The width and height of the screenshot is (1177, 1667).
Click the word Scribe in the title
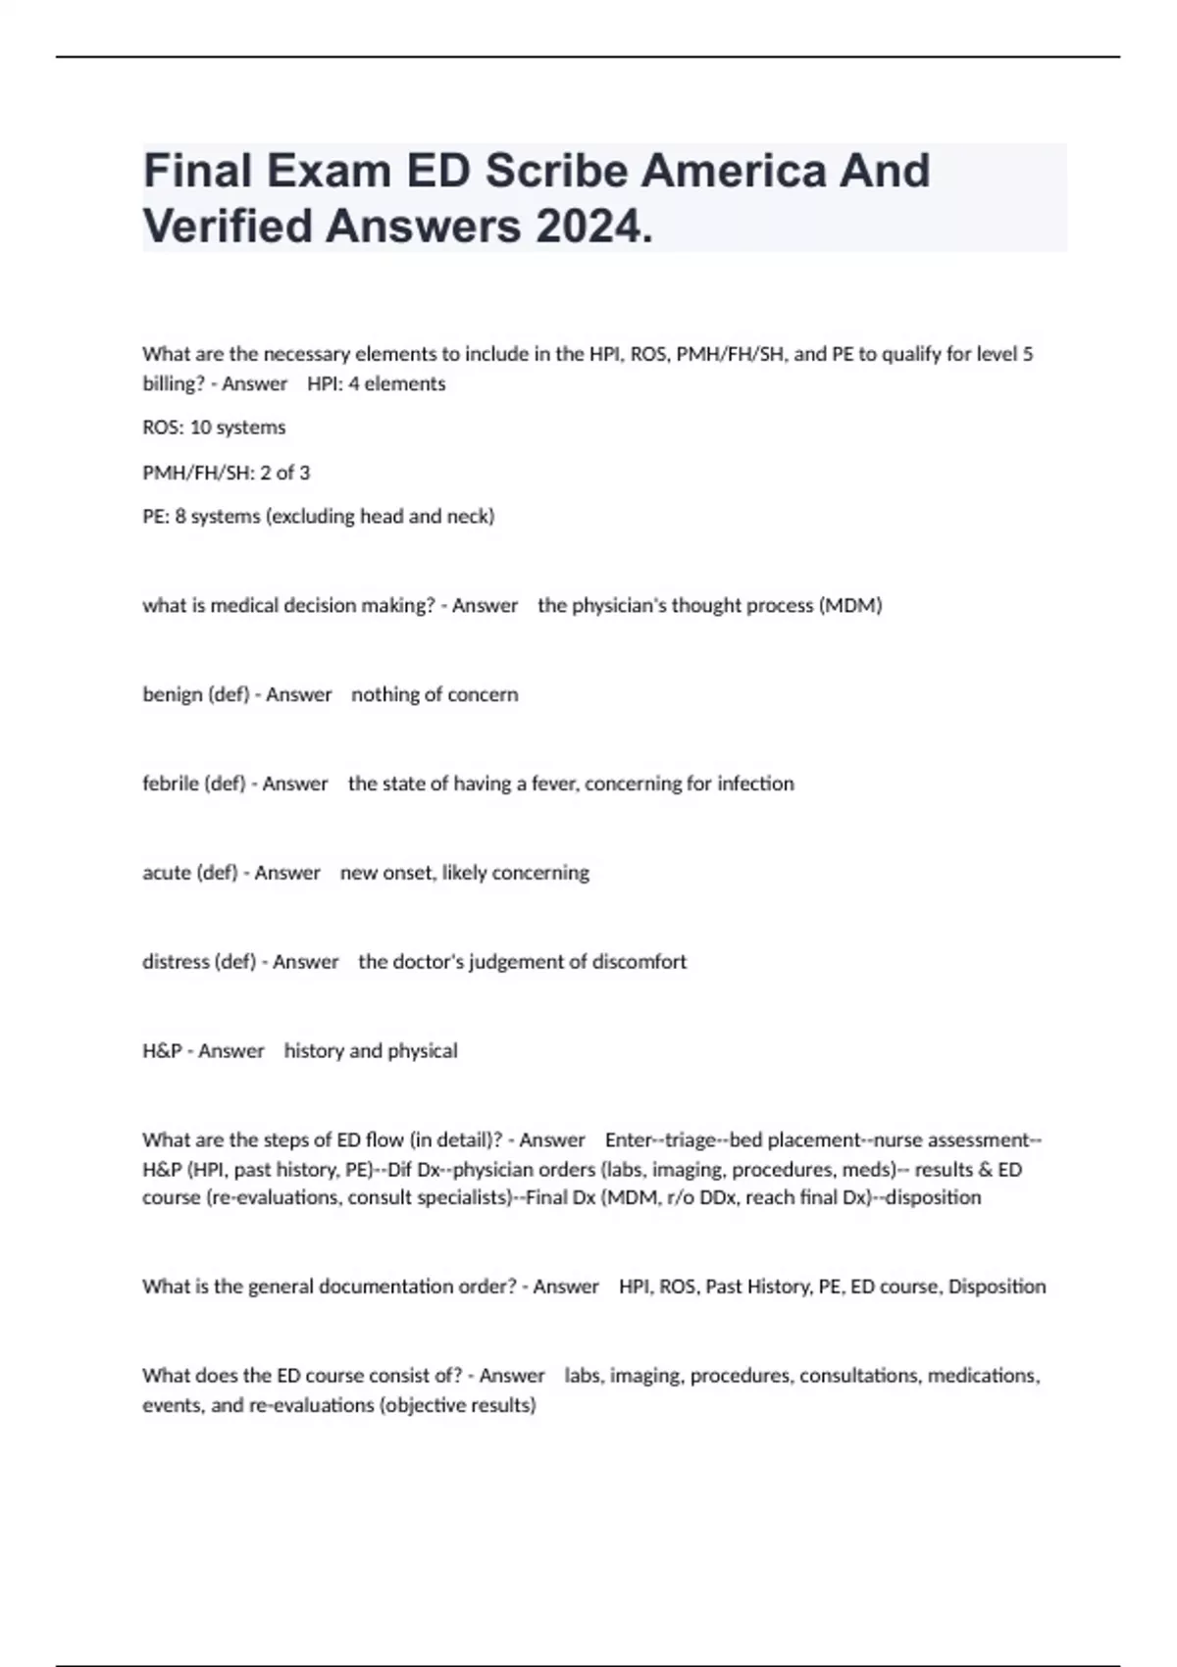556,172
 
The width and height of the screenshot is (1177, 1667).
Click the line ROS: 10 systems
214,428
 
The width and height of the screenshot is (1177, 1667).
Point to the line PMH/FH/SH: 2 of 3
226,473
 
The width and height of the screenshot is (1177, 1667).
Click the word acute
167,874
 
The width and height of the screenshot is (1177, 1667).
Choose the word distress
176,962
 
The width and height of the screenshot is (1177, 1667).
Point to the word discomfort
639,962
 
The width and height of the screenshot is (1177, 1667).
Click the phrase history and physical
371,1051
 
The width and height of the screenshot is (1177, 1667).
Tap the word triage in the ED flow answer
691,1140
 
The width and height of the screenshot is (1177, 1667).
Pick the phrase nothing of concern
435,695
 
